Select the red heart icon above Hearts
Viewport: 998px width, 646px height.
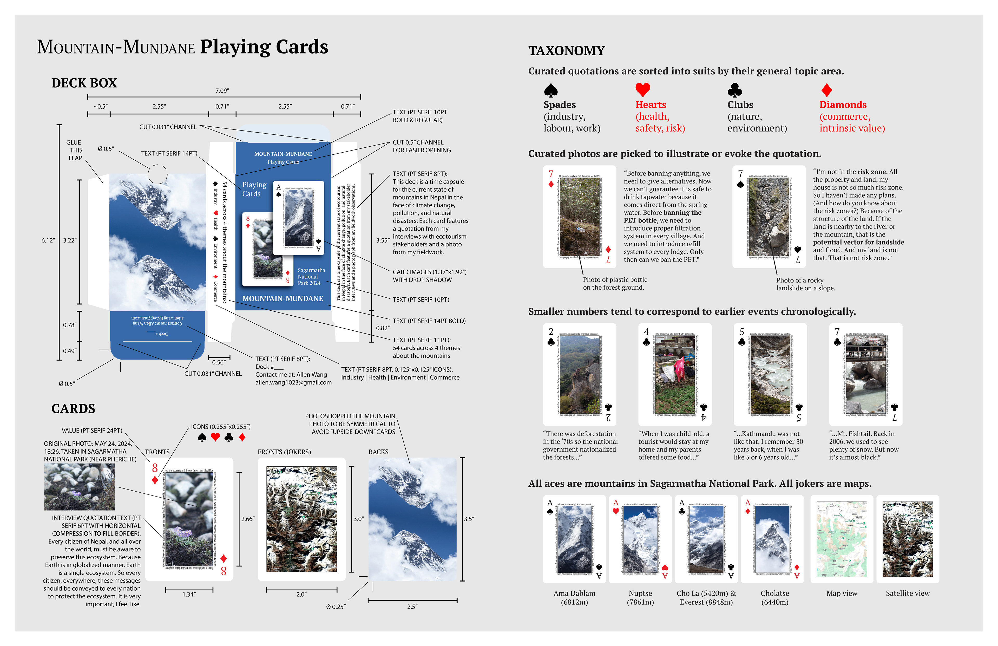point(642,89)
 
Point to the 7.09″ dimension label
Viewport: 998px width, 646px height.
point(222,91)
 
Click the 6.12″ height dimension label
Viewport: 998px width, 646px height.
point(48,240)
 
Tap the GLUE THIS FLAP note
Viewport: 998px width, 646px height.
point(74,150)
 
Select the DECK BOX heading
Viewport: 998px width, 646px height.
point(84,83)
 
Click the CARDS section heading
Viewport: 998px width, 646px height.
point(73,409)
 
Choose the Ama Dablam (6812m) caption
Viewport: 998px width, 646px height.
point(574,598)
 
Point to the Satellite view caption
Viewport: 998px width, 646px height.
point(907,593)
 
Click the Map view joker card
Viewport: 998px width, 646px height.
point(842,539)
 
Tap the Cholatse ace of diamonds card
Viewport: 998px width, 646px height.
point(772,539)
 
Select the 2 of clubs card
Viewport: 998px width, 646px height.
point(580,374)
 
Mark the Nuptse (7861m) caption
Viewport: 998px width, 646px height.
point(640,598)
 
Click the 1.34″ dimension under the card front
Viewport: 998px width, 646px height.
point(189,595)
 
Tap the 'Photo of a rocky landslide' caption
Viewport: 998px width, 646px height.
point(805,284)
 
